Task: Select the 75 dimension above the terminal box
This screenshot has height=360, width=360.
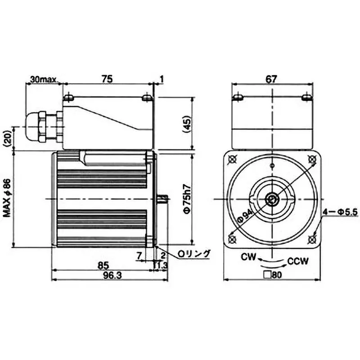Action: tap(107, 78)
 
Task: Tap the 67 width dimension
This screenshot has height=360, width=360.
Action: tap(270, 78)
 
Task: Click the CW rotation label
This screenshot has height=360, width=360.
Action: tap(248, 258)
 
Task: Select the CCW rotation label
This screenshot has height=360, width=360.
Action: tap(298, 261)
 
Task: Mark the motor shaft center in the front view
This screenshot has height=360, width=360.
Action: tap(271, 199)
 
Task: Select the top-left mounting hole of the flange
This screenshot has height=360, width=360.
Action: tap(233, 159)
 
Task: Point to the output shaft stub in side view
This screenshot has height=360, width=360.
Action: tap(163, 198)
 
